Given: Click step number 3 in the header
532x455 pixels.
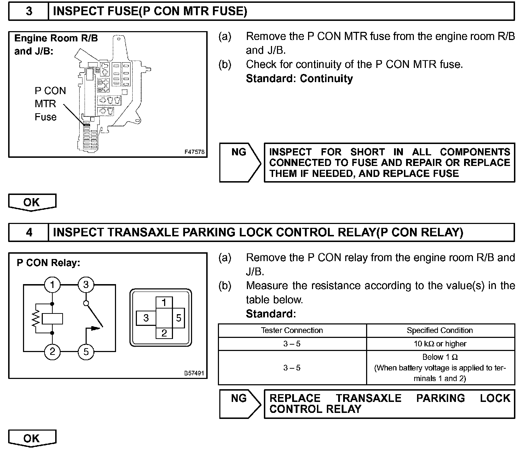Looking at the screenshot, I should point(29,11).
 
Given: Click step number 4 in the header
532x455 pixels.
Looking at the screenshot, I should point(29,232).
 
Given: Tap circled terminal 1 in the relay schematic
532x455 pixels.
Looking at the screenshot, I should point(52,285).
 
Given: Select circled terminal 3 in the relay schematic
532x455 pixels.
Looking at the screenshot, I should point(86,285).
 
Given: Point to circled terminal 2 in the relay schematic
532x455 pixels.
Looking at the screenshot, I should point(52,352).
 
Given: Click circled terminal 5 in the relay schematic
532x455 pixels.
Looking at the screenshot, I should point(86,352).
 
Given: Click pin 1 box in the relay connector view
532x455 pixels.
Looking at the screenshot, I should point(164,303).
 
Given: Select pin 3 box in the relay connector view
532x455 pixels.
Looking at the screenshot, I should point(146,318).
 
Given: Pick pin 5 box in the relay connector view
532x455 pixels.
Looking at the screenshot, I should point(178,318).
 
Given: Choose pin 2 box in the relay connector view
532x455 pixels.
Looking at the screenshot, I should point(164,333).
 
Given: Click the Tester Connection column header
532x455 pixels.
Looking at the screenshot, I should point(292,330).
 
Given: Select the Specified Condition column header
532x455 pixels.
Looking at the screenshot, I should point(440,330).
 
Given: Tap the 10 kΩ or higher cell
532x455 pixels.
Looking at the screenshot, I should point(440,344).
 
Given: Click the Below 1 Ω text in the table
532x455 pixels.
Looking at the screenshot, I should point(440,357).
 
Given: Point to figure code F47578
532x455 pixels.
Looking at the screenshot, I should point(194,152).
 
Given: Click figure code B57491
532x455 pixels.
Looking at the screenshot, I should point(194,373).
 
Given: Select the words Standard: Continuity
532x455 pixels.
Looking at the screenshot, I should point(299,79).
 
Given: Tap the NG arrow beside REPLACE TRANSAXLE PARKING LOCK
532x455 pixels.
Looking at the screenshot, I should point(240,403).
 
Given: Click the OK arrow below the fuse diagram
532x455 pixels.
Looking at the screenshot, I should point(32,202).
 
